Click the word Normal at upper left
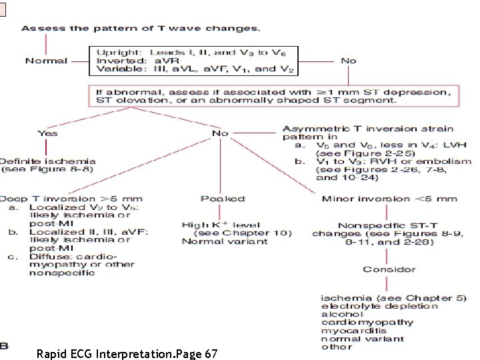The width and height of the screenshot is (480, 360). (46, 61)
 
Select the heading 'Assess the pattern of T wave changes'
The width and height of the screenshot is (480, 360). (141, 29)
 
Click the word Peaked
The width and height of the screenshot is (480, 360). (223, 199)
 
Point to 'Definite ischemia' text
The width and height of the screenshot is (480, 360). (47, 161)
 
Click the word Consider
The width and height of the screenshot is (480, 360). (389, 269)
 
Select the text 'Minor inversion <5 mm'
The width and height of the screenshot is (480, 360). (389, 199)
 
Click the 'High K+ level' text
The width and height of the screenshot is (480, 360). (213, 225)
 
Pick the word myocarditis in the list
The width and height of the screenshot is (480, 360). (354, 330)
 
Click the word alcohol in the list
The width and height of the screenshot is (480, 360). (342, 314)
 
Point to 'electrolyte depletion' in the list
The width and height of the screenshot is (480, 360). (379, 306)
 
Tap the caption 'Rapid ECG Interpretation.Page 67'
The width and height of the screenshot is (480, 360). (127, 353)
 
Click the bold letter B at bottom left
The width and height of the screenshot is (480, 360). (4, 345)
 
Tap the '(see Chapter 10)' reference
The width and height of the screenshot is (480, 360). (232, 233)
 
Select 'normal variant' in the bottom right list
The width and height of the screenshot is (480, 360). (362, 338)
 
